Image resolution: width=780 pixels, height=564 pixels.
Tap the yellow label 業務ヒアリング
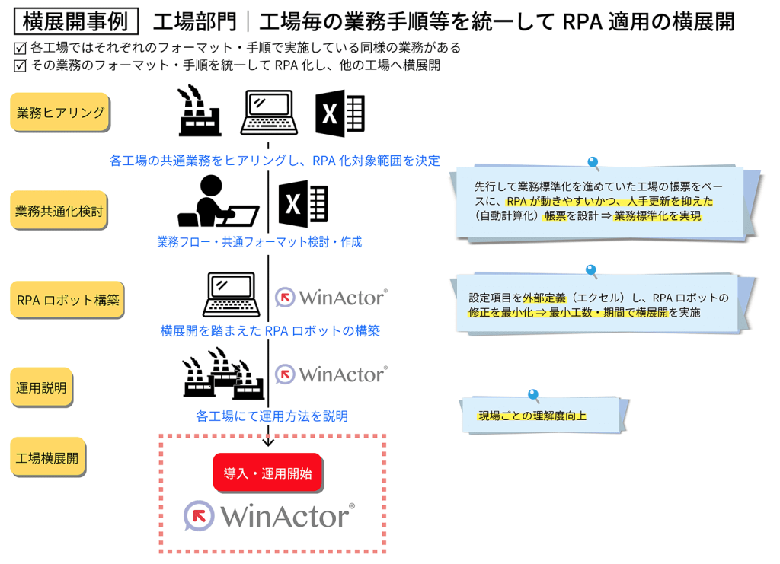60,113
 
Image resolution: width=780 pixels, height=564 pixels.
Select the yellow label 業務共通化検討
59,211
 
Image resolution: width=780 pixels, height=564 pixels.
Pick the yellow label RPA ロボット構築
68,300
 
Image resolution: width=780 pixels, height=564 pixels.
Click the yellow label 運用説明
41,387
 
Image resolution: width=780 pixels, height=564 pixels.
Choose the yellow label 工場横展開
47,459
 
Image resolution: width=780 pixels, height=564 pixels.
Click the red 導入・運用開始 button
267,473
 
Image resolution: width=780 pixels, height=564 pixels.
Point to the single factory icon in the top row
199,112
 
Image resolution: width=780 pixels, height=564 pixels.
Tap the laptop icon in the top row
268,113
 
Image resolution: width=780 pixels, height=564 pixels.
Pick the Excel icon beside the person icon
302,203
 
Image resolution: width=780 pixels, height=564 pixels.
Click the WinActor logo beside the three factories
331,374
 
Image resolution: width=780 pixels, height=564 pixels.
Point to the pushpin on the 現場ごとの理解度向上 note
533,395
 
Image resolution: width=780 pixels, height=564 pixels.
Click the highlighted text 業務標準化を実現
657,215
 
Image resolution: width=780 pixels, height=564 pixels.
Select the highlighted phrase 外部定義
542,298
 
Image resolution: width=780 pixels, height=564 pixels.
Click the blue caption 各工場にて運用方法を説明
272,416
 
